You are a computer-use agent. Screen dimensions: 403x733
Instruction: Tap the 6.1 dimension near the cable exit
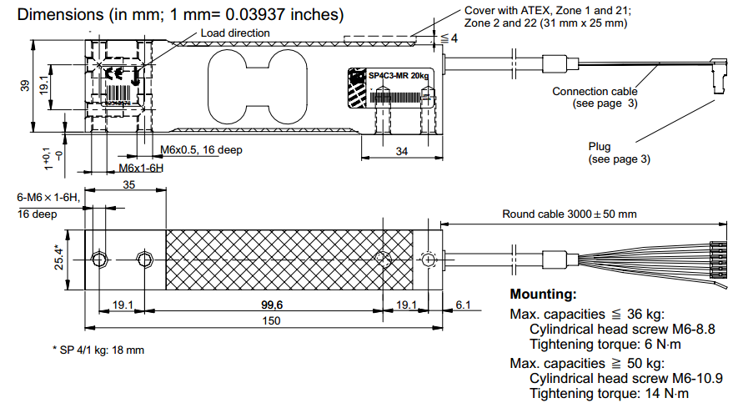[x=463, y=305]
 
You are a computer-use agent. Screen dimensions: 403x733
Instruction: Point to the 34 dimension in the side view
[x=401, y=151]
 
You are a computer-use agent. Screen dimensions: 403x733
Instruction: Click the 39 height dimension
[x=26, y=85]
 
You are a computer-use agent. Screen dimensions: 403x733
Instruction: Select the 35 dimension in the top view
[x=128, y=184]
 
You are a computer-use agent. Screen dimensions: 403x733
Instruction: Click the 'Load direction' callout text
[x=235, y=33]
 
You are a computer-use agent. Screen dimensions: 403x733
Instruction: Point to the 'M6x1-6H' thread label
[x=140, y=168]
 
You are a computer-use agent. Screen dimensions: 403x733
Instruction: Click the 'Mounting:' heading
[x=543, y=295]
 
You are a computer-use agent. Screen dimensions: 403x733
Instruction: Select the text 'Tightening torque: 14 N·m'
[x=610, y=394]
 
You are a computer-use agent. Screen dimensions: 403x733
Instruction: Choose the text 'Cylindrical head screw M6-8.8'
[x=622, y=329]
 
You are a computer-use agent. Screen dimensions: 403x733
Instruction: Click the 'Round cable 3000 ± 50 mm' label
[x=569, y=214]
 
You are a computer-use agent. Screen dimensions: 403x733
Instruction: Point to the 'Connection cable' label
[x=595, y=91]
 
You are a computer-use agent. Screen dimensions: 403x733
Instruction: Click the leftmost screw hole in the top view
[x=100, y=259]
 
